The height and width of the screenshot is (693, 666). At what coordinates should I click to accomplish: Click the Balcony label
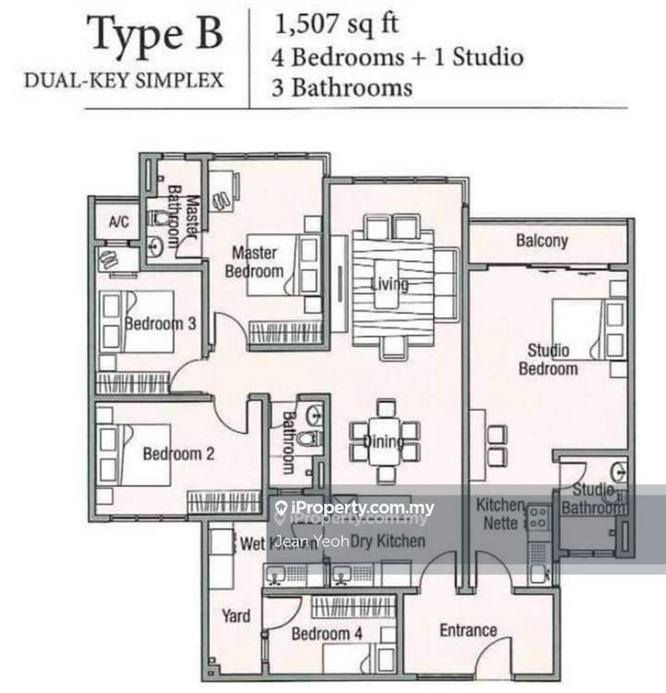[x=542, y=240]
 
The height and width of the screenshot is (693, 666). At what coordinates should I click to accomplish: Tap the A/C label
[x=119, y=222]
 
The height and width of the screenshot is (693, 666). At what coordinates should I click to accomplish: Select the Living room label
[x=390, y=285]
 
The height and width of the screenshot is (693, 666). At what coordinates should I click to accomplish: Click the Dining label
[x=382, y=443]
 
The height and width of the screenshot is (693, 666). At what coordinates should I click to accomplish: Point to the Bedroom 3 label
[x=160, y=324]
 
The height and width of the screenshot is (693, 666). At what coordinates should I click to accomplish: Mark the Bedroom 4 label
[x=327, y=635]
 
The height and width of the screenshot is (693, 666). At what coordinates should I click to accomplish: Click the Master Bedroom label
[x=255, y=262]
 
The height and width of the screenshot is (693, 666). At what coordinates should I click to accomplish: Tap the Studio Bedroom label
[x=548, y=359]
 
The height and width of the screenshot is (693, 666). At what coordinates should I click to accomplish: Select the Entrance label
[x=468, y=630]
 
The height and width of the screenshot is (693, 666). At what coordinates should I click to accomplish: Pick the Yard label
[x=236, y=616]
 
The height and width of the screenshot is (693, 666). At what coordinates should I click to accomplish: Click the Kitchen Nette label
[x=500, y=514]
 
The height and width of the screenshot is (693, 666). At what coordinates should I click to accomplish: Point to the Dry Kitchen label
[x=393, y=541]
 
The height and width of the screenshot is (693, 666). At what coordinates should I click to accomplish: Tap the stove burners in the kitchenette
[x=538, y=518]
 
